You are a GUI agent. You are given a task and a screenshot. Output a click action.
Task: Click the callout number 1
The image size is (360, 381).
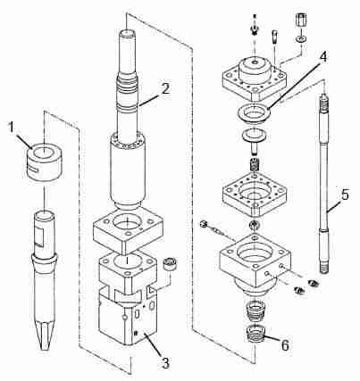[x=12, y=128]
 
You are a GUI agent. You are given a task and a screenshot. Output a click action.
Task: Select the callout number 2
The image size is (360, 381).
[x=165, y=88]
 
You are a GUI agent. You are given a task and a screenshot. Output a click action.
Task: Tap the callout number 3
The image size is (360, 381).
[x=164, y=362]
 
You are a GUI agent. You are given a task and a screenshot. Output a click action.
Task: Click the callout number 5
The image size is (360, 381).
[x=345, y=195]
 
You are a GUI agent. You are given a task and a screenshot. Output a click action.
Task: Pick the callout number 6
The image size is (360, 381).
[x=285, y=345]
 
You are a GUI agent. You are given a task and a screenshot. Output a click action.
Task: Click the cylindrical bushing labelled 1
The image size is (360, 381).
[x=43, y=162]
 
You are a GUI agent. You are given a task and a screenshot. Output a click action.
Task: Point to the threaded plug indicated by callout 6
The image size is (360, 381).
[x=256, y=335]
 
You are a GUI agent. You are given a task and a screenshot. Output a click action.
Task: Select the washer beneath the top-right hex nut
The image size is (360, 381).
[x=300, y=38]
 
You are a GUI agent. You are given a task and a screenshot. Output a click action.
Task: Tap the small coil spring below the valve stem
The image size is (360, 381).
[x=254, y=164]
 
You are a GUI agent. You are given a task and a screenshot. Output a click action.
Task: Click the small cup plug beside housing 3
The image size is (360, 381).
[x=171, y=264]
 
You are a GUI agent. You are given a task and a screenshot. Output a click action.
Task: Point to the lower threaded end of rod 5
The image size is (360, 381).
[x=325, y=267]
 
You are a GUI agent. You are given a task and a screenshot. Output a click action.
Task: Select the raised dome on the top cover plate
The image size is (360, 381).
[x=255, y=68]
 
